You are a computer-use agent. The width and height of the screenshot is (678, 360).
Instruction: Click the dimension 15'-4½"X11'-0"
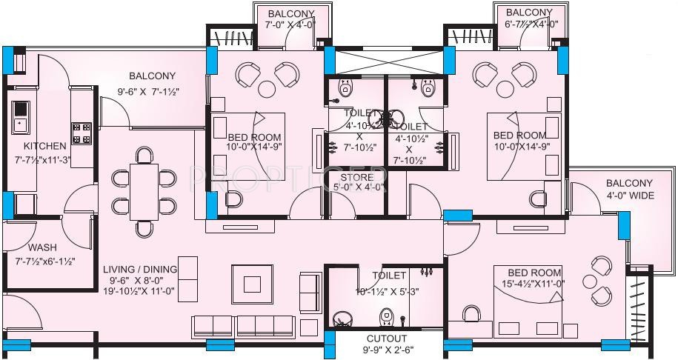pyautogui.click(x=535, y=283)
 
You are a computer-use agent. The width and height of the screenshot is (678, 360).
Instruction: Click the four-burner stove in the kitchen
pyautogui.click(x=82, y=133)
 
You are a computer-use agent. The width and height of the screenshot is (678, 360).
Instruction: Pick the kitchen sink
pyautogui.click(x=19, y=115)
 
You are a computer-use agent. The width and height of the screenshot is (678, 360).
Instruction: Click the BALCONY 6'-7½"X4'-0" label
pyautogui.click(x=529, y=19)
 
